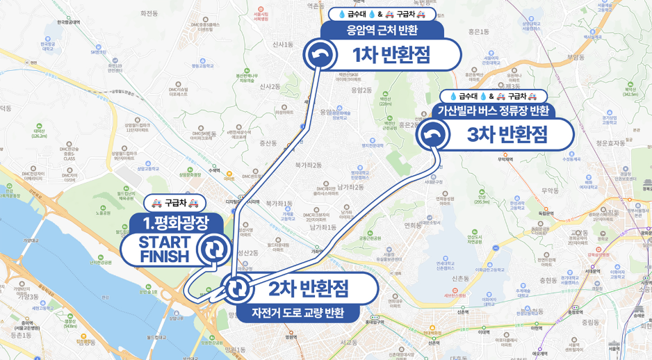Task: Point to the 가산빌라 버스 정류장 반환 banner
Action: pyautogui.click(x=493, y=111)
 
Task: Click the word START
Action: pyautogui.click(x=164, y=243)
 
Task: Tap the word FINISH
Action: pyautogui.click(x=164, y=256)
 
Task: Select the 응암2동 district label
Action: pyautogui.click(x=361, y=90)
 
